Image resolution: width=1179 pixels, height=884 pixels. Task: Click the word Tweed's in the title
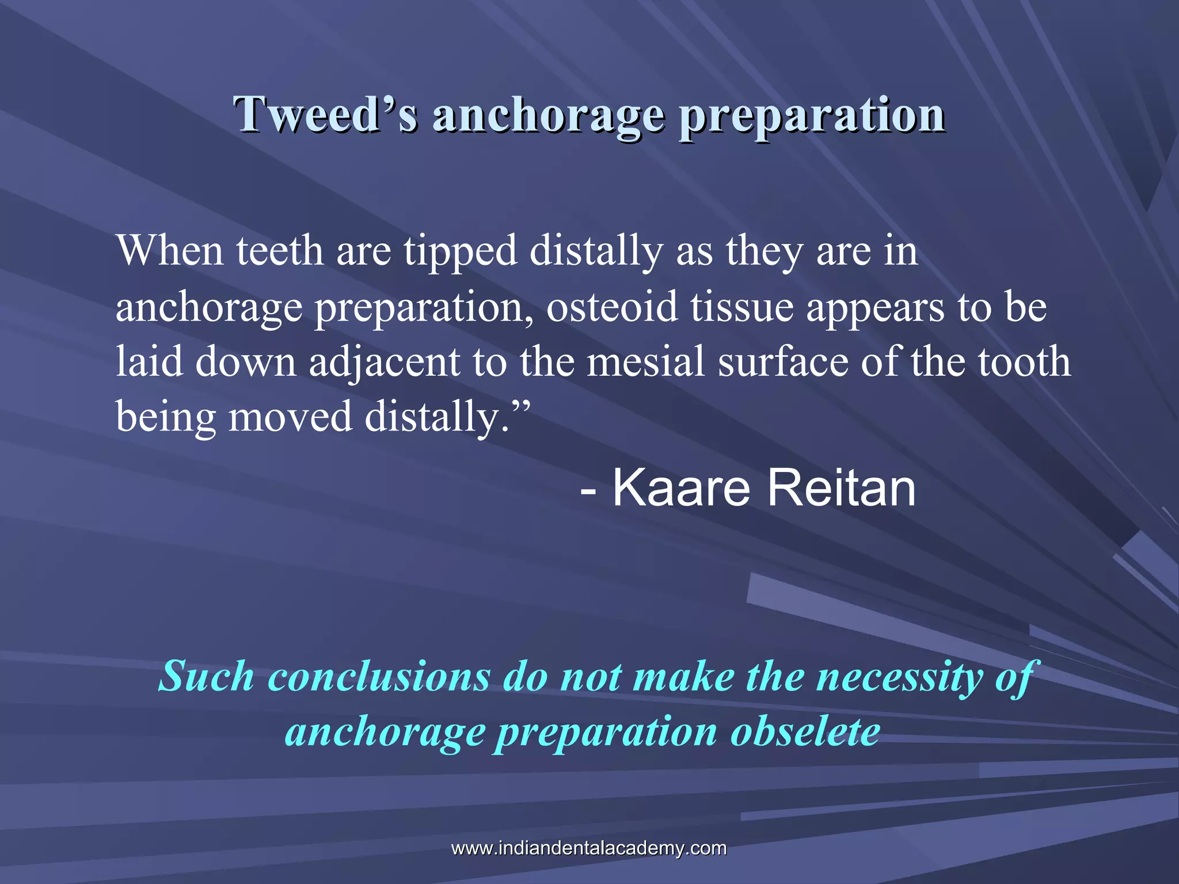[325, 114]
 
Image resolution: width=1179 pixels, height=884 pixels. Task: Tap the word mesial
[646, 362]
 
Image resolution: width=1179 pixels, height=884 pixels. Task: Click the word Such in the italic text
[206, 676]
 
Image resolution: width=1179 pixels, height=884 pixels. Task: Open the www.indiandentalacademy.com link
[589, 848]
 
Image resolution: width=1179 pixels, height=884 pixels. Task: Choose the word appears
[875, 308]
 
